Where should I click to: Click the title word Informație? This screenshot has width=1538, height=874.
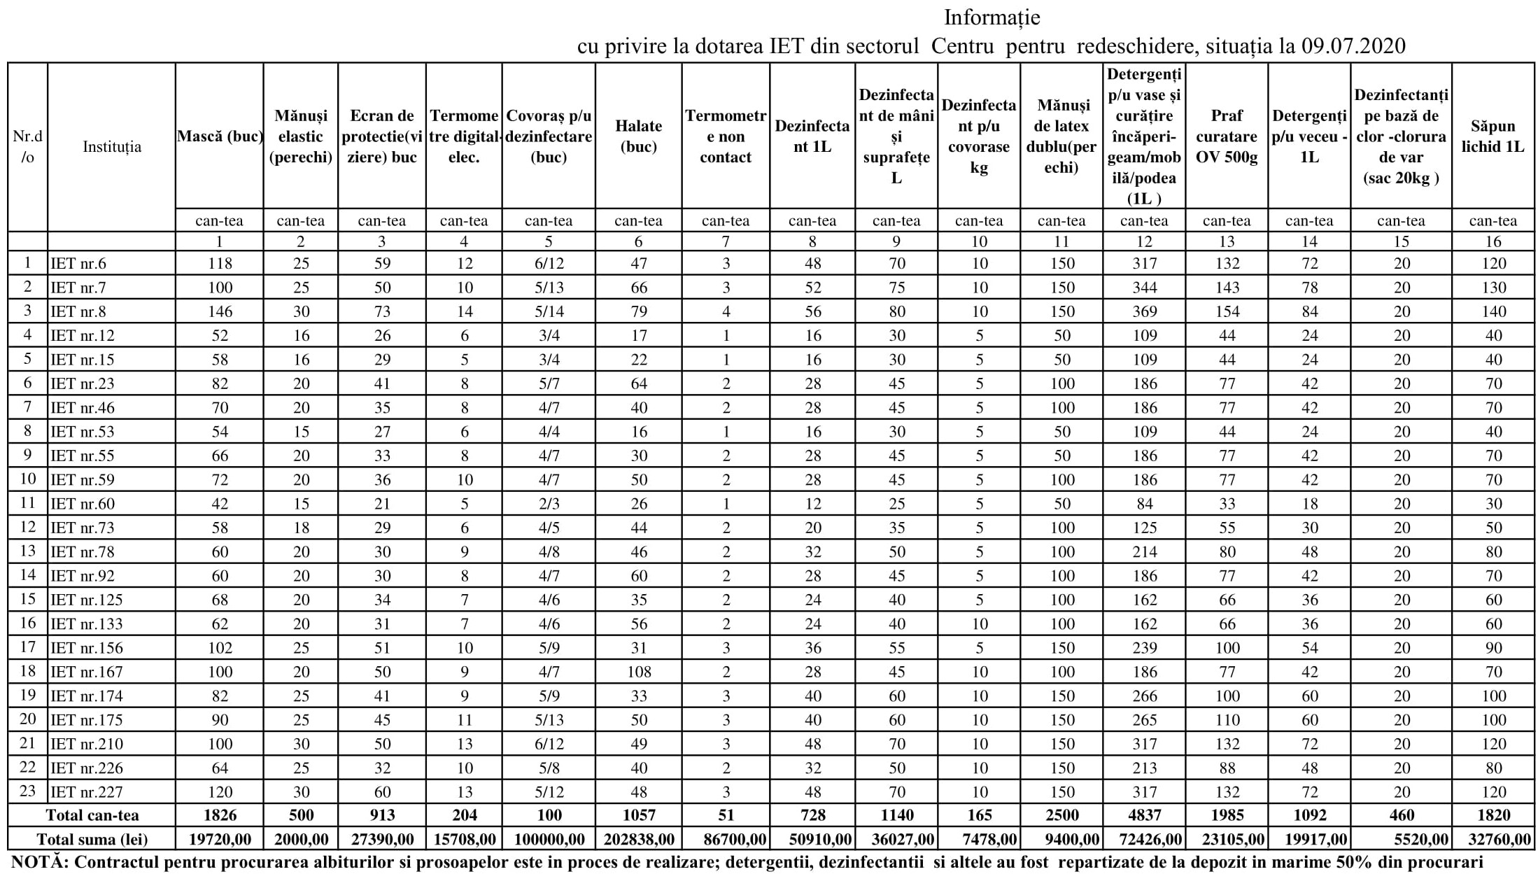tap(992, 17)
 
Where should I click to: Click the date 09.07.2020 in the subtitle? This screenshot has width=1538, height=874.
tap(1353, 46)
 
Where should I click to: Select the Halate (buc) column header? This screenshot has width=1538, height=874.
tap(638, 136)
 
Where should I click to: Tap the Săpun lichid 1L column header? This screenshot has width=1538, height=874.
tap(1493, 136)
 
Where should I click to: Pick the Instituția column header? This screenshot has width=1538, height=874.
tap(112, 147)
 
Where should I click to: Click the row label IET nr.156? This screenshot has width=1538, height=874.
tap(86, 648)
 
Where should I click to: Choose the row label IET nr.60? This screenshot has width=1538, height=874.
tap(83, 504)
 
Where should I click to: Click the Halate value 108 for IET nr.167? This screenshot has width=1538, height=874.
tap(639, 672)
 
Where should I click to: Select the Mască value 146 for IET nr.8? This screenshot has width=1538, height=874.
tap(220, 312)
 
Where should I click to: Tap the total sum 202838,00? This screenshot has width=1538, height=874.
tap(638, 839)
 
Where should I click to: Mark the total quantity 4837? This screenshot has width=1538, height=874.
tap(1144, 815)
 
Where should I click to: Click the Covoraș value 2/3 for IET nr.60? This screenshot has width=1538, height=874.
tap(549, 504)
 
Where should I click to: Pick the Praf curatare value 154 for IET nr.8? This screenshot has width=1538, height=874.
tap(1227, 312)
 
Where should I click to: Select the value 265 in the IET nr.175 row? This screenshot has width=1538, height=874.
tap(1144, 720)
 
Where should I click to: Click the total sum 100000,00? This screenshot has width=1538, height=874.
tap(549, 839)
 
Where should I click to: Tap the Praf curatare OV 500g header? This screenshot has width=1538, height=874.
tap(1227, 136)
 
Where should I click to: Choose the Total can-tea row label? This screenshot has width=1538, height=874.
tap(92, 815)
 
